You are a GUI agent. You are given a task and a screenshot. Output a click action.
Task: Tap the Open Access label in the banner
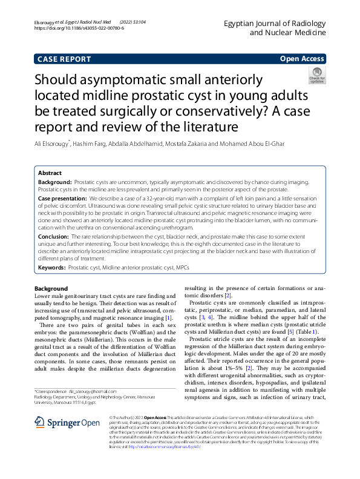click(303, 59)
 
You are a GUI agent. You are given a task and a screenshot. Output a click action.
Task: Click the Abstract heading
click(50, 173)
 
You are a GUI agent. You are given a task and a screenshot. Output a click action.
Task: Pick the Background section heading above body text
click(51, 288)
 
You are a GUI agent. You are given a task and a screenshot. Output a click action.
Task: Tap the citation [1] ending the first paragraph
click(169, 318)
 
